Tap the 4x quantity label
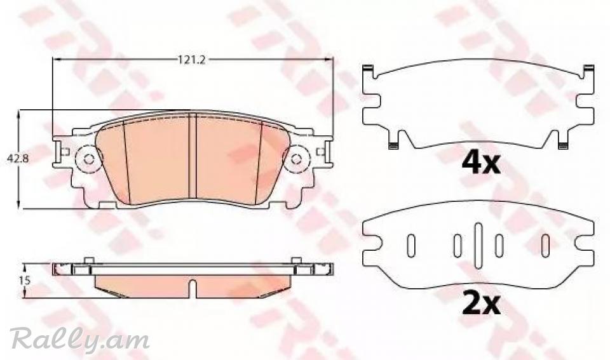[480, 163]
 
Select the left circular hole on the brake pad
[88, 159]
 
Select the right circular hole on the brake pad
[297, 159]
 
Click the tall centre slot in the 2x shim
[478, 246]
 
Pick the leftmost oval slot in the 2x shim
[411, 246]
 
